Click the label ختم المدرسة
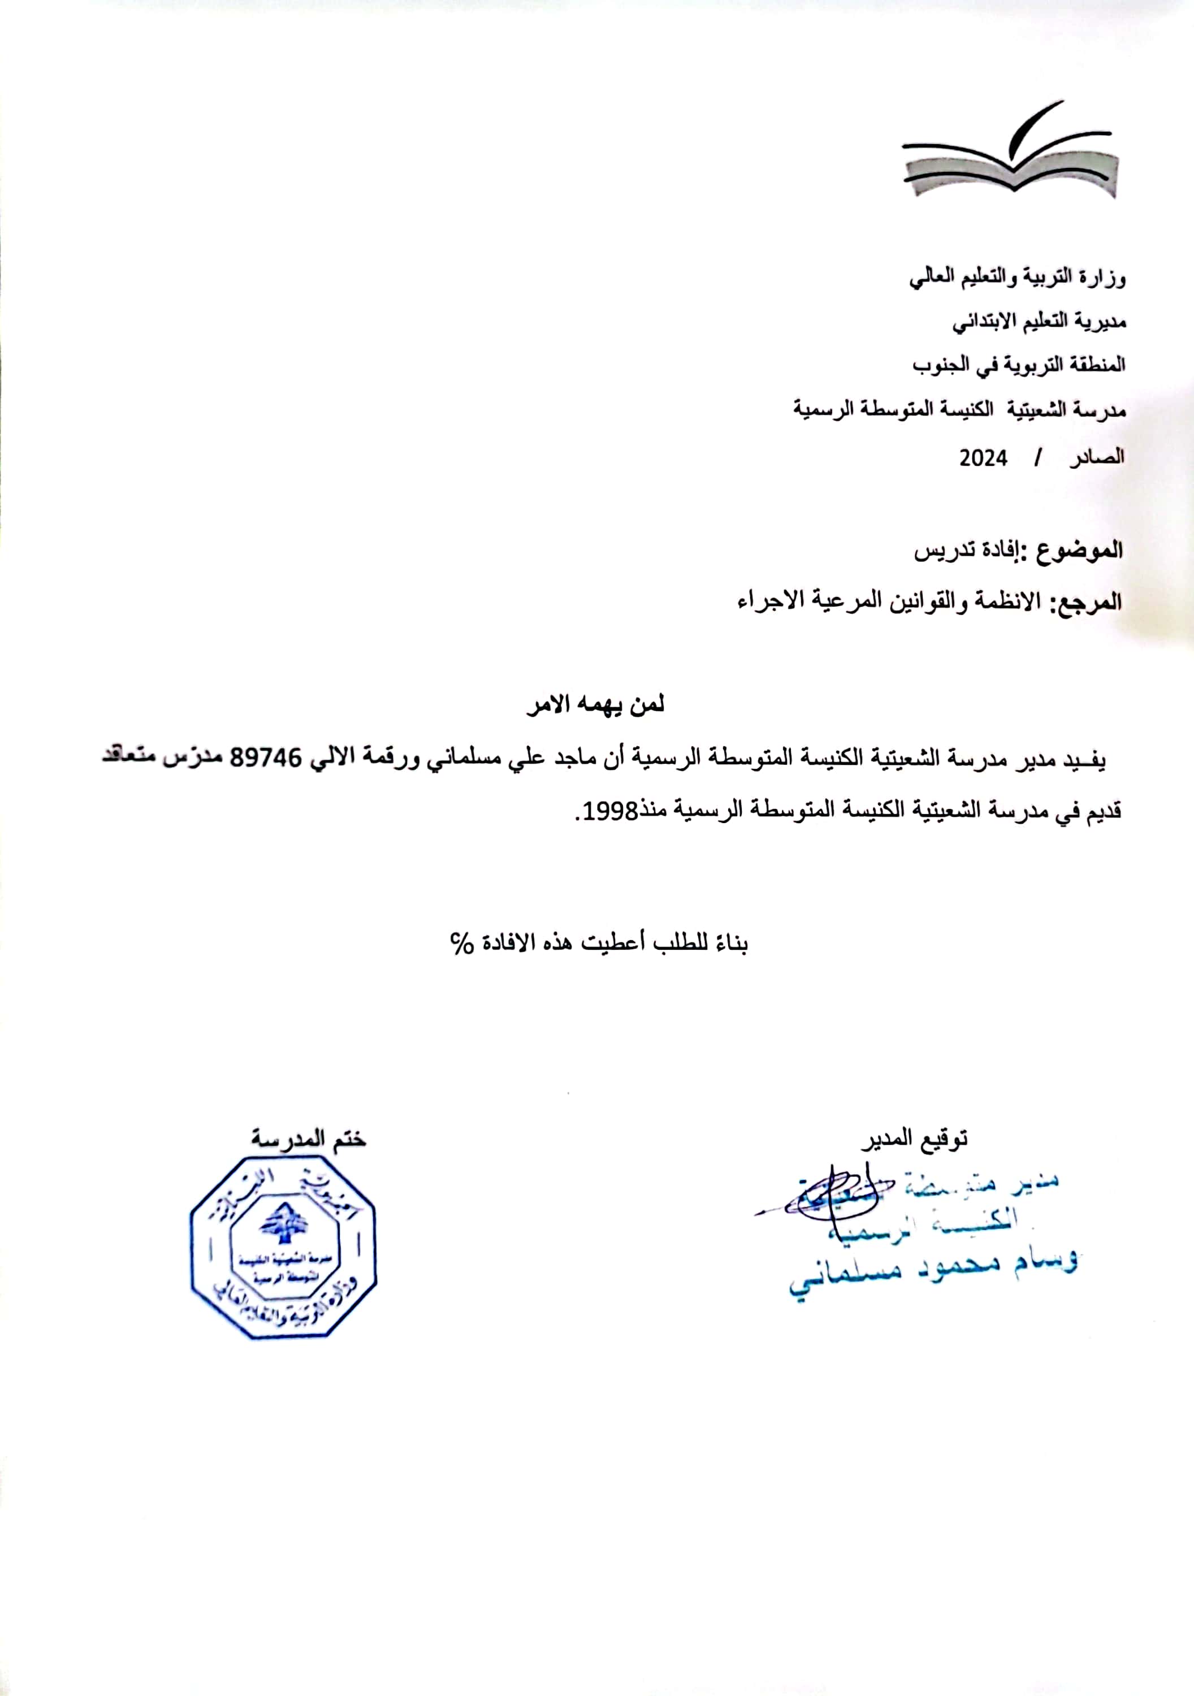pos(308,1139)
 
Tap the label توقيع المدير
pos(914,1139)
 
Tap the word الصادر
pos(1098,458)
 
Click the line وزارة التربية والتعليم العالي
pos(1018,279)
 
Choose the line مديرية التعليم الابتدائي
pos(1038,322)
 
